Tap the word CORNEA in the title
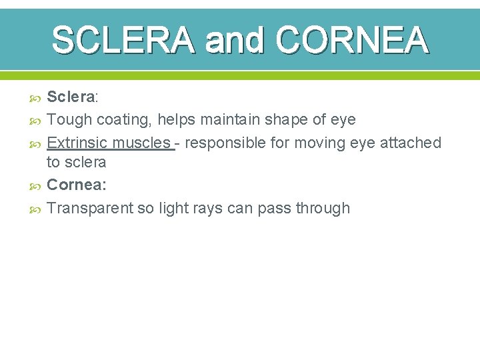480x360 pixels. point(351,39)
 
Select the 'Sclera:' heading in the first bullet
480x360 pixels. point(73,97)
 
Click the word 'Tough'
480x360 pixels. point(69,120)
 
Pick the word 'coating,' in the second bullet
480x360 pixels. point(125,120)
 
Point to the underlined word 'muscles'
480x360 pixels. point(141,143)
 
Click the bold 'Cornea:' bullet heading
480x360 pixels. point(75,185)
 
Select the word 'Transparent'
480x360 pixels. point(90,208)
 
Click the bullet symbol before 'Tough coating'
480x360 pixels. point(37,121)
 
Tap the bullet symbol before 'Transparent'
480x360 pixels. point(37,209)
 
